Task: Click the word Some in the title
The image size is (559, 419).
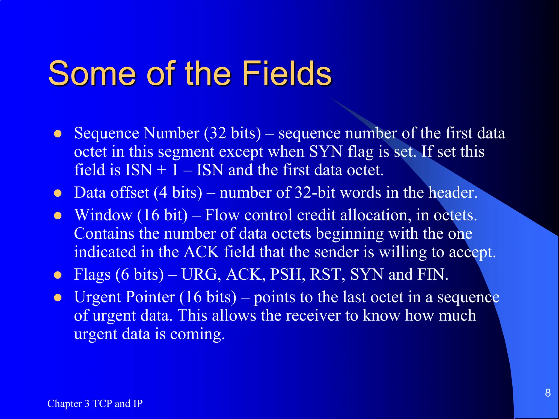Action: point(92,73)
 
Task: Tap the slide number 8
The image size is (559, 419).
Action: point(548,393)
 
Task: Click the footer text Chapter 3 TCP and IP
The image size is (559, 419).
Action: point(95,403)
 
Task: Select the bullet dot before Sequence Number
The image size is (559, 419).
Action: point(58,134)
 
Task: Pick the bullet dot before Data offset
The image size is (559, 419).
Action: point(58,193)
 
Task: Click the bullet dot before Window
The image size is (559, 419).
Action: point(58,216)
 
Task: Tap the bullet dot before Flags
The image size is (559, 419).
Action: point(58,275)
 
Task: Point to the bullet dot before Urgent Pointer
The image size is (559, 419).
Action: point(58,298)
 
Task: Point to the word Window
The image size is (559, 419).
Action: point(103,215)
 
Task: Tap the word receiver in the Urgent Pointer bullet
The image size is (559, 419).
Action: point(314,316)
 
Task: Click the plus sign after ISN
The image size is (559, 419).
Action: point(162,170)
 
